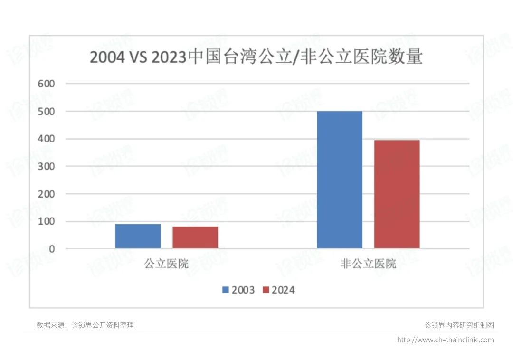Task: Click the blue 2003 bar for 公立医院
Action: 138,236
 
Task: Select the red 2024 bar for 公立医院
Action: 195,237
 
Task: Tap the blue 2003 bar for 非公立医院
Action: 340,180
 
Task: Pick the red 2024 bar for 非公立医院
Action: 397,194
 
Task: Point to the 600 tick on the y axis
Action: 47,84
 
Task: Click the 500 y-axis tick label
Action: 47,111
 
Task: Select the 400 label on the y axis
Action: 47,139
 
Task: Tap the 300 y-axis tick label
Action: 47,166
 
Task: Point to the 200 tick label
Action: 47,194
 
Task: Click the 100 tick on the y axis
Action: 47,221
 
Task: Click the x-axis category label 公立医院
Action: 166,264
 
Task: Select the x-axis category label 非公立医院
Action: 368,264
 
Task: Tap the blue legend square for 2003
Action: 226,290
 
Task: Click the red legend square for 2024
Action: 266,290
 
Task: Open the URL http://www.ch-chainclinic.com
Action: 445,340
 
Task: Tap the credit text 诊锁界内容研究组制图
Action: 459,325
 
